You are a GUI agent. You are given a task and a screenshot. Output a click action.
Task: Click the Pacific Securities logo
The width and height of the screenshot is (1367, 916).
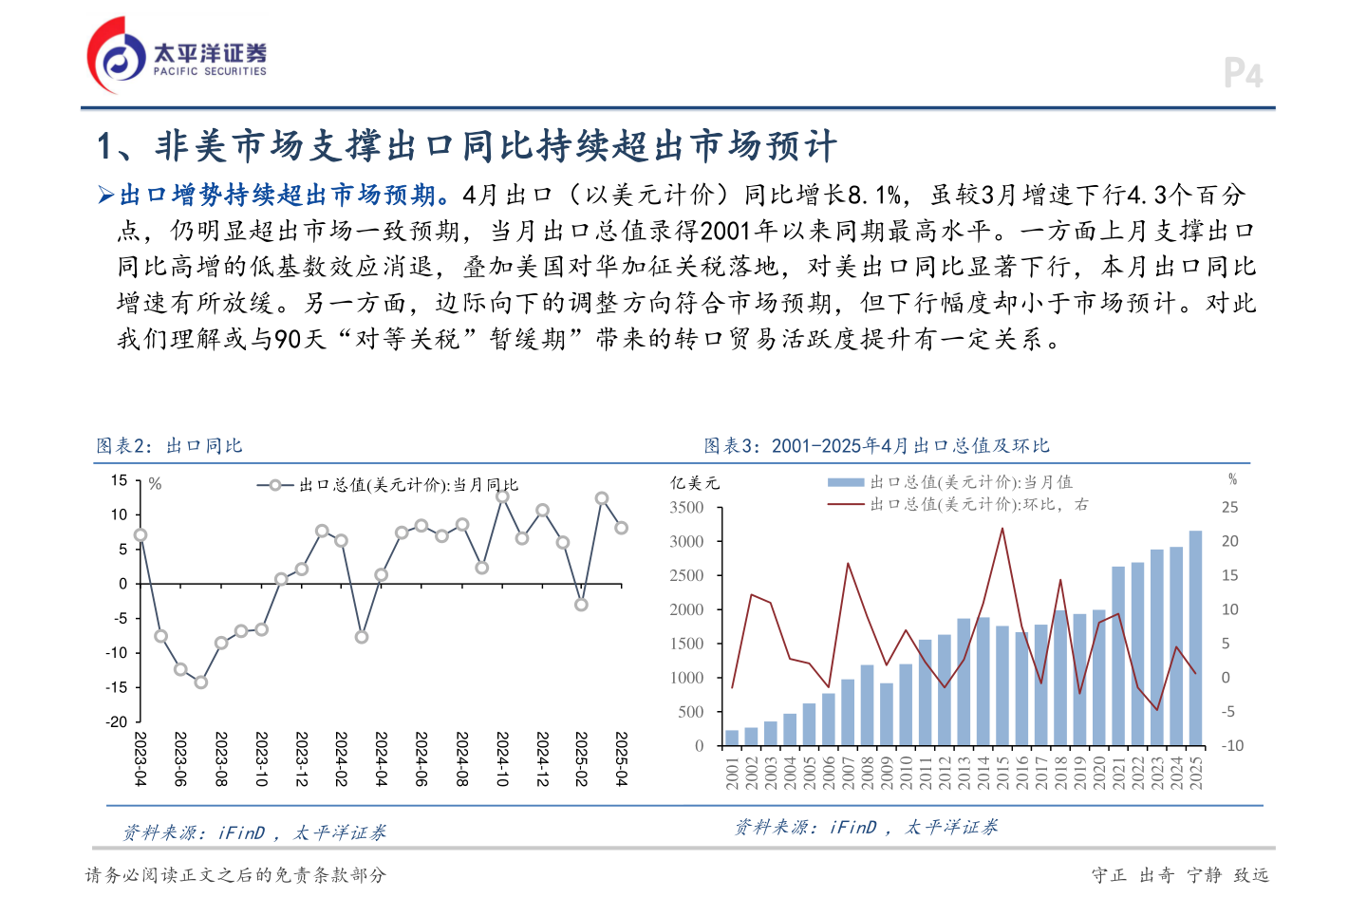point(178,55)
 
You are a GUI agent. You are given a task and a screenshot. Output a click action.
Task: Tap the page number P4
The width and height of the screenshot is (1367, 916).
point(1243,74)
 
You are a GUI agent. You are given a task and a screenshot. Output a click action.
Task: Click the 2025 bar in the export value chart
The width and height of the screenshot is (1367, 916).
point(1195,638)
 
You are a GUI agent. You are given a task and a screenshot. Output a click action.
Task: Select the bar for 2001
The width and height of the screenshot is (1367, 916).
point(732,738)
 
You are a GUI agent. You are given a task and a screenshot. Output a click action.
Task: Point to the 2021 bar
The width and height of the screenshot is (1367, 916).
point(1118,656)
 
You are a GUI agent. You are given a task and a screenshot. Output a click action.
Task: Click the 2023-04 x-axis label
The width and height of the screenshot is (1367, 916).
point(140,758)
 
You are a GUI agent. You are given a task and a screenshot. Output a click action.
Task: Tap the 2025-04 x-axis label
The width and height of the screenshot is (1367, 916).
point(622,758)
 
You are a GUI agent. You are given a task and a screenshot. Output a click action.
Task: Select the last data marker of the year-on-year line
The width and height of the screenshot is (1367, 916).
point(621,528)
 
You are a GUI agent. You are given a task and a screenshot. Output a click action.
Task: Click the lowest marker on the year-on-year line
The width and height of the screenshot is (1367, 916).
point(200,682)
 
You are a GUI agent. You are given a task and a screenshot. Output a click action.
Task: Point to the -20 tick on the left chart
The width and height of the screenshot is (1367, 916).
point(117,721)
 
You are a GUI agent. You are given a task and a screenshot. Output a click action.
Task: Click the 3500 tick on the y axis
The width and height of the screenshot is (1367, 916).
point(686,508)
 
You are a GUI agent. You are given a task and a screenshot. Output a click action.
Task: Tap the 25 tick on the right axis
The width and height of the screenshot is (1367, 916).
point(1229,508)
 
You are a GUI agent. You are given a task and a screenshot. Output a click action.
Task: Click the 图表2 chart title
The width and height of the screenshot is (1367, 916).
point(170,446)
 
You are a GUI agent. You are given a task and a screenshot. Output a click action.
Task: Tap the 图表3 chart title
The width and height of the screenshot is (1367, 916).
point(876,446)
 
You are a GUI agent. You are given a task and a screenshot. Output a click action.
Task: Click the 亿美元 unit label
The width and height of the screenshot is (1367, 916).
point(695,483)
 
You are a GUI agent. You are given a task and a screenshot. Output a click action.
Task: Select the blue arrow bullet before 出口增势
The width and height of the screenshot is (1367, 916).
point(105,196)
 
